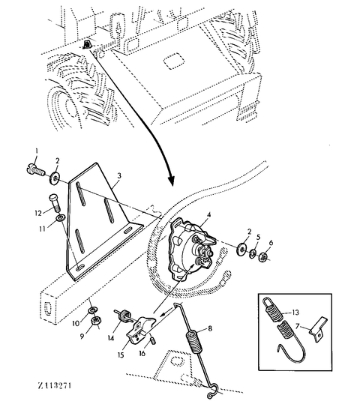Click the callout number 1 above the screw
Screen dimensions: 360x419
point(36,151)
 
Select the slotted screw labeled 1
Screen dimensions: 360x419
point(36,169)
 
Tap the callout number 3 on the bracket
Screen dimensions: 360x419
point(119,176)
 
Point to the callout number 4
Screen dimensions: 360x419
point(209,214)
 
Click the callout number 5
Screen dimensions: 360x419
point(258,237)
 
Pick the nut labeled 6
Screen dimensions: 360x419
point(262,257)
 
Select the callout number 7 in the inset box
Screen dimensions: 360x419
point(298,326)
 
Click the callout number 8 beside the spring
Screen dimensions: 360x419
point(210,328)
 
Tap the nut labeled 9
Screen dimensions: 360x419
point(96,320)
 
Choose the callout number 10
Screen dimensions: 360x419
point(76,323)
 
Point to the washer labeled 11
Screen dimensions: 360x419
point(61,218)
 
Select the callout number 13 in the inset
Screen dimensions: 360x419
point(295,312)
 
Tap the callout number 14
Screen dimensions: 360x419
point(111,338)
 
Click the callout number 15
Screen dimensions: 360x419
point(121,355)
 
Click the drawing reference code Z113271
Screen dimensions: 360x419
point(55,386)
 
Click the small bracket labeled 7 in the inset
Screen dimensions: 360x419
point(319,330)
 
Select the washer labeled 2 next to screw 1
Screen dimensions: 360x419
point(55,178)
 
